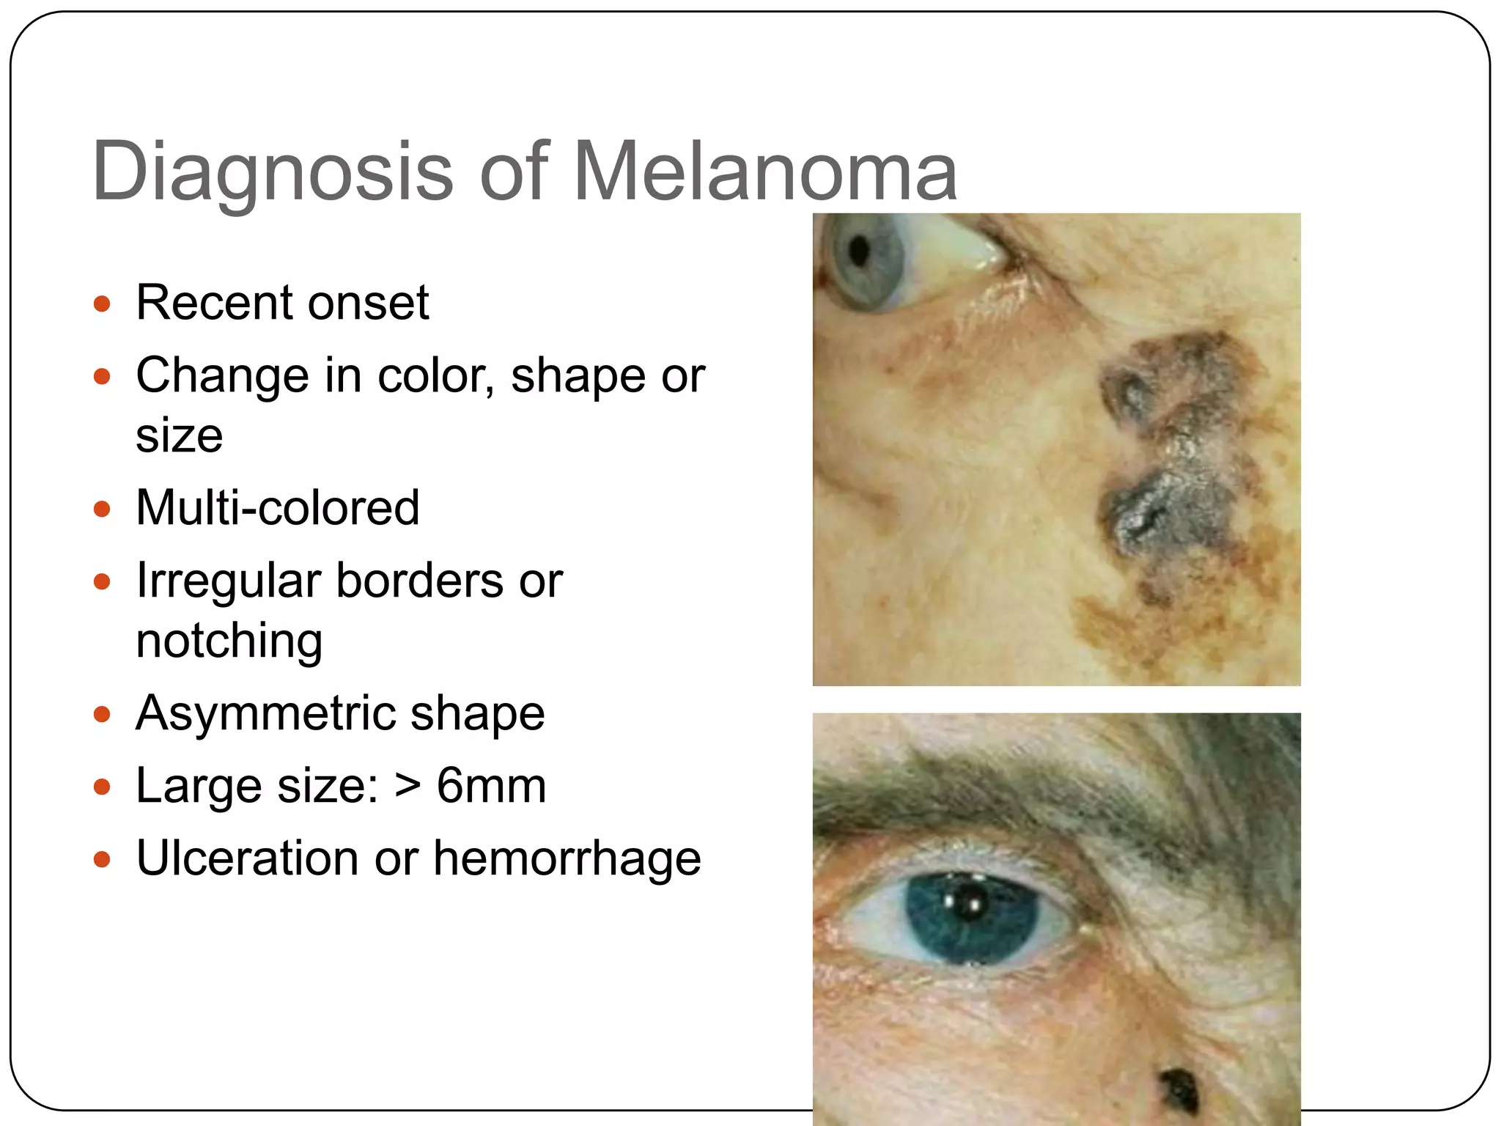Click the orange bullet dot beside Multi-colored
tap(102, 508)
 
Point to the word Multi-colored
tap(278, 507)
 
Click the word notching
tap(229, 640)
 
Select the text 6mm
tap(491, 786)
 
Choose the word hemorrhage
tap(567, 858)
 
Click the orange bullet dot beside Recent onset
tap(102, 303)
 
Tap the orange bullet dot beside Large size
tap(102, 787)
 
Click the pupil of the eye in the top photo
tap(860, 251)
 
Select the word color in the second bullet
tap(435, 376)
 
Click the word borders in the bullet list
tap(419, 581)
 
